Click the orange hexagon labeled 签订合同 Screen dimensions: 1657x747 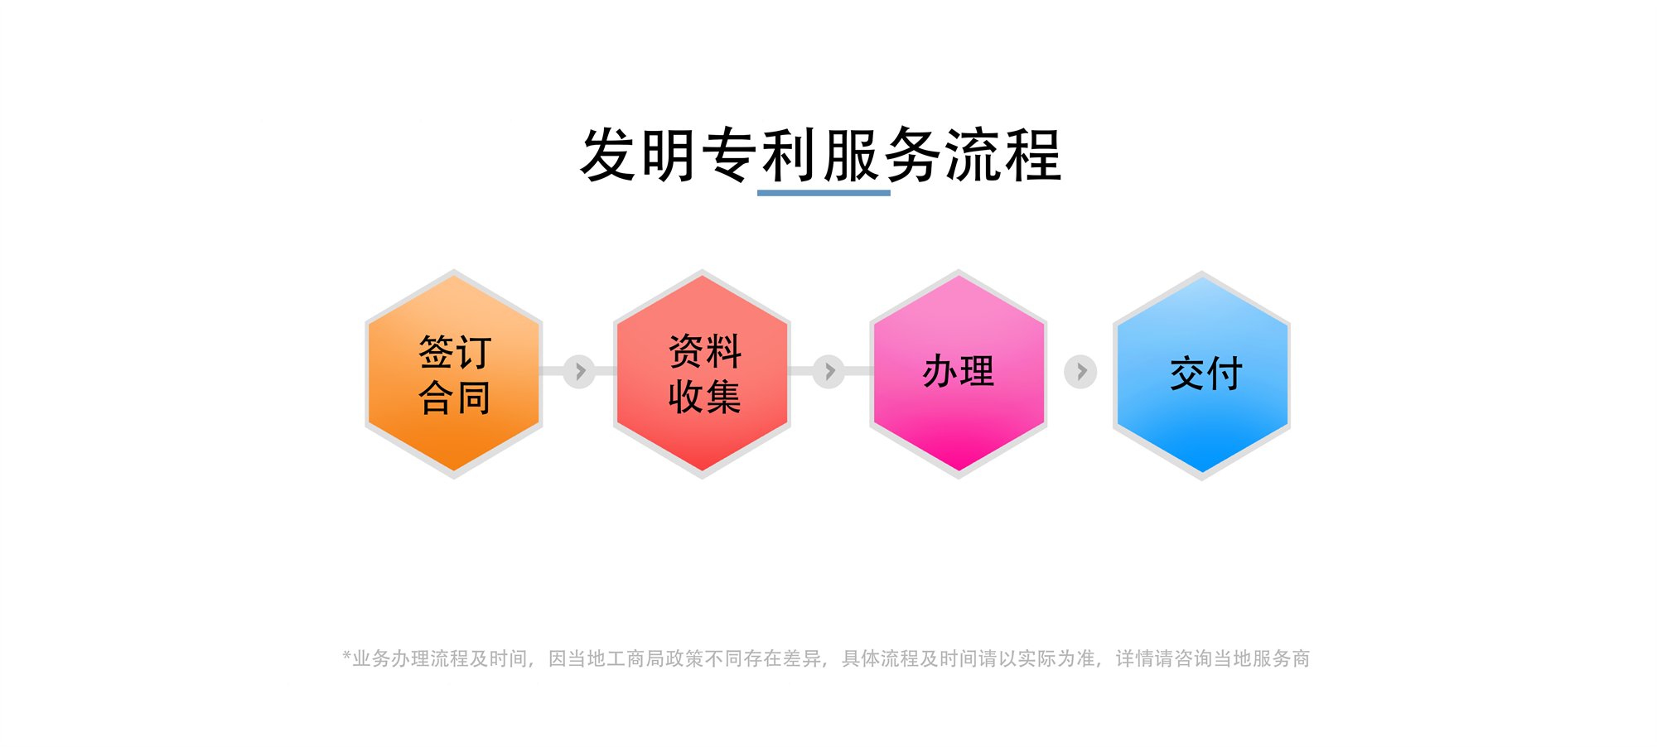(x=454, y=374)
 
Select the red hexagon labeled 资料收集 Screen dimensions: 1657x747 (x=702, y=374)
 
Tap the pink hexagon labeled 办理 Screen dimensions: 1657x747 (x=959, y=374)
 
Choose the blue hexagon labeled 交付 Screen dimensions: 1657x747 (x=1201, y=375)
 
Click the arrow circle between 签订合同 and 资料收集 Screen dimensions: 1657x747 (x=579, y=372)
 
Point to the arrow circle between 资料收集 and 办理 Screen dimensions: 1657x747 (x=828, y=372)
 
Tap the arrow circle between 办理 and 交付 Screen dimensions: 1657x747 (x=1080, y=372)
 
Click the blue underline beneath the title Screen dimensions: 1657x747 (x=824, y=193)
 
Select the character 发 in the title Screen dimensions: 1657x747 (x=609, y=155)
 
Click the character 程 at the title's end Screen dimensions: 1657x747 (x=1033, y=155)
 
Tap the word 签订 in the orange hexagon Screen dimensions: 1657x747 (x=455, y=352)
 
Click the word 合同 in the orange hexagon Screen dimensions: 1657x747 (x=455, y=398)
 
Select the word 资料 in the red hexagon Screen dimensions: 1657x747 (x=705, y=351)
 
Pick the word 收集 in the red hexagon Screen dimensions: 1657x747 (x=705, y=397)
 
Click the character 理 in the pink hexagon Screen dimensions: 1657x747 (x=978, y=371)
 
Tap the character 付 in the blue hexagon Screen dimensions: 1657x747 (x=1225, y=373)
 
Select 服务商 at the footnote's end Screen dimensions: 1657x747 (x=1281, y=658)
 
